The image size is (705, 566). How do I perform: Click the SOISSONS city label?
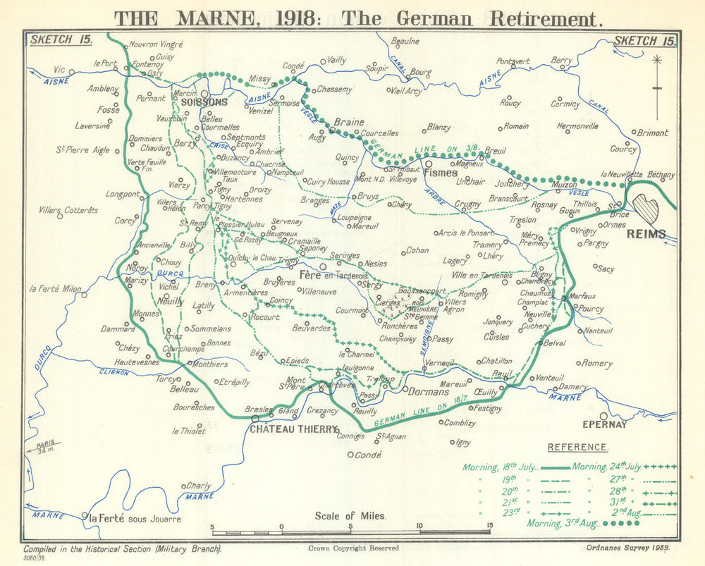[204, 102]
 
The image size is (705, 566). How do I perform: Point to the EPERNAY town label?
[603, 425]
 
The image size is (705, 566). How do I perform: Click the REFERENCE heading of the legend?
[577, 447]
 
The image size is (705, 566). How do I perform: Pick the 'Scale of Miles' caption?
[350, 515]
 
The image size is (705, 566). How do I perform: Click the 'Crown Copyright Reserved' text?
[353, 548]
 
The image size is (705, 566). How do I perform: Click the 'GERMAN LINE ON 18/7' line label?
[416, 412]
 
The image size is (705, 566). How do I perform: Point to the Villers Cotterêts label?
[68, 210]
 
